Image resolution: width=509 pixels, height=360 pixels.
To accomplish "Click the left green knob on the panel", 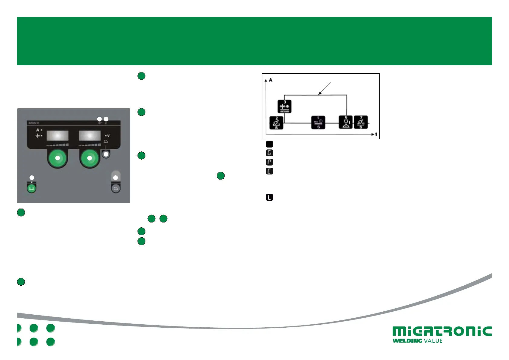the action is tap(57, 158).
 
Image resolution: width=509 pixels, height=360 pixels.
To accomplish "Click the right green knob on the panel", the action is tap(89, 158).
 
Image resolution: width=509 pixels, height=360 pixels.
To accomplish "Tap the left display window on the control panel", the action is tap(57, 136).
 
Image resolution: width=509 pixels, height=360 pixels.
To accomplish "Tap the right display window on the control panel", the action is tap(90, 136).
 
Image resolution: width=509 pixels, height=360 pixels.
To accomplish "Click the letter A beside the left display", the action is tap(38, 130).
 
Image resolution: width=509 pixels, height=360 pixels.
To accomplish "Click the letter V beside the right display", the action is tap(108, 136).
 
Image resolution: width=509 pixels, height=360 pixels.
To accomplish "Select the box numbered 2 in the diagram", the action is tap(276, 123).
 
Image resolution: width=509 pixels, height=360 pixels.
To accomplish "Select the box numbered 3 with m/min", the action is tap(284, 106).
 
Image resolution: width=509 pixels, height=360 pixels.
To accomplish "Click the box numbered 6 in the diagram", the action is tap(346, 122).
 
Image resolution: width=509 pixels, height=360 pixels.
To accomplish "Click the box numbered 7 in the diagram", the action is tap(361, 122).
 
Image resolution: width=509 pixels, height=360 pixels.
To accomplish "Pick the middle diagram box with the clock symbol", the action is tap(318, 123).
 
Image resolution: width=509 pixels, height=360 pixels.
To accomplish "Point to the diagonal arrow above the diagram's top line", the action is tap(325, 89).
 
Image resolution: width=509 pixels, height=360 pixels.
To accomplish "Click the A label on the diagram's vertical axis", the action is tap(271, 80).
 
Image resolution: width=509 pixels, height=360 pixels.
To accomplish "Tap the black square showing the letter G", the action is tap(269, 153).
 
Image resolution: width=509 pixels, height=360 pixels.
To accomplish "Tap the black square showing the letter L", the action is tap(269, 198).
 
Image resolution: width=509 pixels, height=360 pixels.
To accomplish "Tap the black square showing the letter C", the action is tap(269, 171).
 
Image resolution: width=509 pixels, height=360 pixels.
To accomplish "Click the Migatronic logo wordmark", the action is tap(442, 331).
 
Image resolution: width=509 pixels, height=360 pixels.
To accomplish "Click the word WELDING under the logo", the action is tap(407, 341).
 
